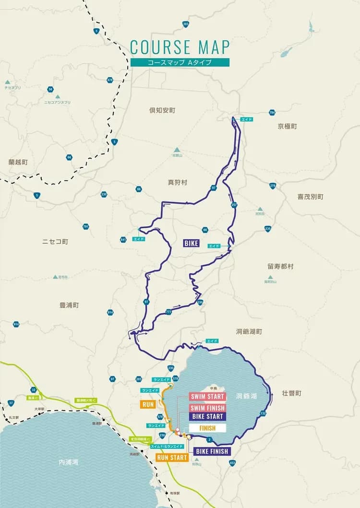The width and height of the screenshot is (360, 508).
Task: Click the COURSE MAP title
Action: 180,47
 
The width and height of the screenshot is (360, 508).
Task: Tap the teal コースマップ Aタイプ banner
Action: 180,62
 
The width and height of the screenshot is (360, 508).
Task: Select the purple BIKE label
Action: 191,243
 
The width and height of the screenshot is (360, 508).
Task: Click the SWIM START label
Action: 208,397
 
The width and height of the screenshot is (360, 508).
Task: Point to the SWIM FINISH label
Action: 208,408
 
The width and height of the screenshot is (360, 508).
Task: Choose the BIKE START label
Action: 207,416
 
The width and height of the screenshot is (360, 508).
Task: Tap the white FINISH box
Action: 207,428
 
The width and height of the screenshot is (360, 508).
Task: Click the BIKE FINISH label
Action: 213,451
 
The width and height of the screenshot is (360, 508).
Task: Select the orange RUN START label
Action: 172,458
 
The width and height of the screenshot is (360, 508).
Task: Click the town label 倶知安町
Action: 162,110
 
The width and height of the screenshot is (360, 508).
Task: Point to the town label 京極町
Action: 287,126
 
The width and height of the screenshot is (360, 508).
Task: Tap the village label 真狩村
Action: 177,182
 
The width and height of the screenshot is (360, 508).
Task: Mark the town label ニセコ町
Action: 55,241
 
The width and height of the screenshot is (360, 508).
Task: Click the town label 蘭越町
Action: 18,162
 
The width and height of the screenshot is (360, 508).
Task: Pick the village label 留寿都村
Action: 280,266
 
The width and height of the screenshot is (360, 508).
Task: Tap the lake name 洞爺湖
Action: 246,397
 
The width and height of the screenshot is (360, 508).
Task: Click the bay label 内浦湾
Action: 68,462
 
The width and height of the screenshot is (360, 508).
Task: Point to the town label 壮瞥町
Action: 291,393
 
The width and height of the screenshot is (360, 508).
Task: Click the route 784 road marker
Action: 272,113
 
